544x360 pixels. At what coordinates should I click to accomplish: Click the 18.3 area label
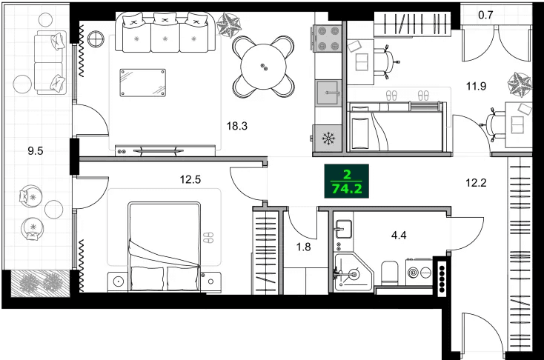click(x=236, y=126)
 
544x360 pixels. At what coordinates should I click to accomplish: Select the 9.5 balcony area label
click(x=35, y=150)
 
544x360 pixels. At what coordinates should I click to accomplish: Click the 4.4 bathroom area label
click(x=399, y=236)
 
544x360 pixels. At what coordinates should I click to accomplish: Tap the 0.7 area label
click(x=485, y=14)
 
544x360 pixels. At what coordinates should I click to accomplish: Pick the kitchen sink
click(x=328, y=93)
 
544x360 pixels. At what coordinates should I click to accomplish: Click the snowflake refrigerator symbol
click(x=328, y=138)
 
